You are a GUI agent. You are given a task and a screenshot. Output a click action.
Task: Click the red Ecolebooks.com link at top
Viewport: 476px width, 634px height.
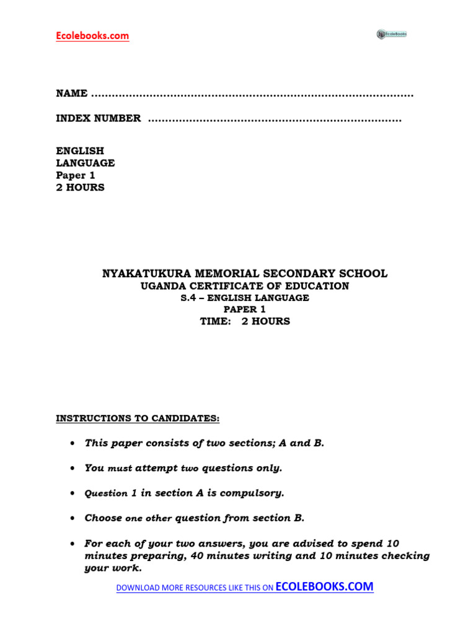point(92,36)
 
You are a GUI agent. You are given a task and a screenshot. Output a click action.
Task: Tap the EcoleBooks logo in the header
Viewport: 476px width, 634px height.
point(391,34)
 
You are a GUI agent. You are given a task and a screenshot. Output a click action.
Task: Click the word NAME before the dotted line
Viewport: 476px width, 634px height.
point(71,93)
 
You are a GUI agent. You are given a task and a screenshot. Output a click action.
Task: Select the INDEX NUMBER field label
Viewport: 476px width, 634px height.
point(98,118)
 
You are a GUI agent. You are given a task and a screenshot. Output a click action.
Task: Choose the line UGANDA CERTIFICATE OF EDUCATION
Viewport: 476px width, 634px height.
point(245,286)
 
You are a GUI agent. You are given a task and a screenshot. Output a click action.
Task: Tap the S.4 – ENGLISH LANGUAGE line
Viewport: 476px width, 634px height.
point(245,298)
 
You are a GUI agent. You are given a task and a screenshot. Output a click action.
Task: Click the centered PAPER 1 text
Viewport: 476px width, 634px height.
point(245,310)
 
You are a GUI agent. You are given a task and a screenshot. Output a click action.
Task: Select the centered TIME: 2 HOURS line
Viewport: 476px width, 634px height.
point(245,321)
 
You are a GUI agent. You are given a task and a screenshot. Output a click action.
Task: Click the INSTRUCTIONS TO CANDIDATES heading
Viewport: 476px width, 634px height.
point(138,419)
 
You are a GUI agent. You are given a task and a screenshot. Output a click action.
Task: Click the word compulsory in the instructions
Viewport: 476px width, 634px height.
point(252,493)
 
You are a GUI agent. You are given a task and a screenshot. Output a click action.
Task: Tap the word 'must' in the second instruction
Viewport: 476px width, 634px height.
point(120,469)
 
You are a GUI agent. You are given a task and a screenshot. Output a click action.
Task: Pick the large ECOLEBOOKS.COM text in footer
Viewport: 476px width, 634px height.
point(324,587)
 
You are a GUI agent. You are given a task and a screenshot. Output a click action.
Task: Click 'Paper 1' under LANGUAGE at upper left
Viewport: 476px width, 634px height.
point(76,175)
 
